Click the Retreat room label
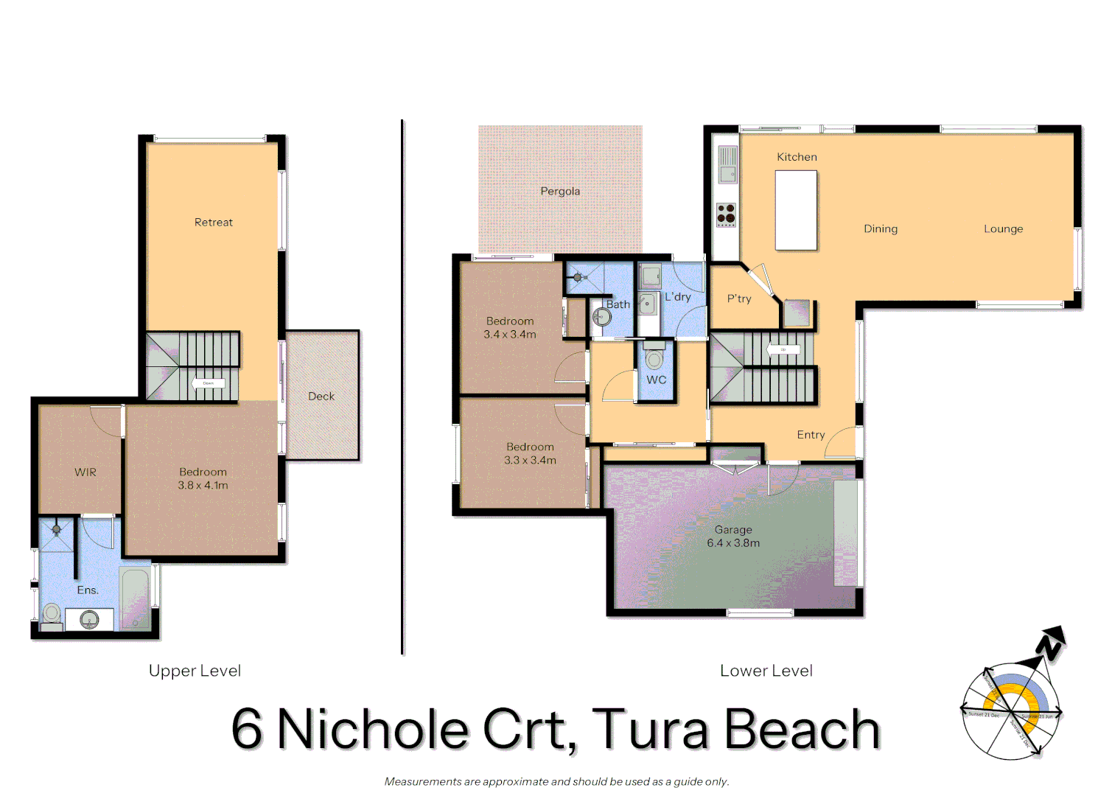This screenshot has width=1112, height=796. tap(213, 222)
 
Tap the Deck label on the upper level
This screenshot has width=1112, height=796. tap(321, 396)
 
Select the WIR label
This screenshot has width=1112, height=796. tap(85, 472)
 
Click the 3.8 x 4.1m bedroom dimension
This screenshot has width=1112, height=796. tap(203, 485)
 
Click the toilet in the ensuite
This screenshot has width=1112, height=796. tap(52, 613)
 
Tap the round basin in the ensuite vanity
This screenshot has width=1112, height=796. tap(89, 620)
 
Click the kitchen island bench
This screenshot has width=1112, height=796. tap(796, 211)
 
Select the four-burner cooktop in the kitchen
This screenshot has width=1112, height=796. tap(726, 214)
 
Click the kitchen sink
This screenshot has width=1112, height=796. tap(727, 174)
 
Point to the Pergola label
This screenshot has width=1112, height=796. tap(560, 191)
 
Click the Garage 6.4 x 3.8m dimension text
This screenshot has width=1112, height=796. tap(733, 542)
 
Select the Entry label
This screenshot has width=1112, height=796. tap(811, 435)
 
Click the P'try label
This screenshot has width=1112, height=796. tap(739, 298)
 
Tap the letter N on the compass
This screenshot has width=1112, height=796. tap(1049, 646)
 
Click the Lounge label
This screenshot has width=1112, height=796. tap(1003, 228)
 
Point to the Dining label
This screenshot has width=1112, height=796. tap(881, 228)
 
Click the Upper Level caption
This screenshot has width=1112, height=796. tap(195, 671)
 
